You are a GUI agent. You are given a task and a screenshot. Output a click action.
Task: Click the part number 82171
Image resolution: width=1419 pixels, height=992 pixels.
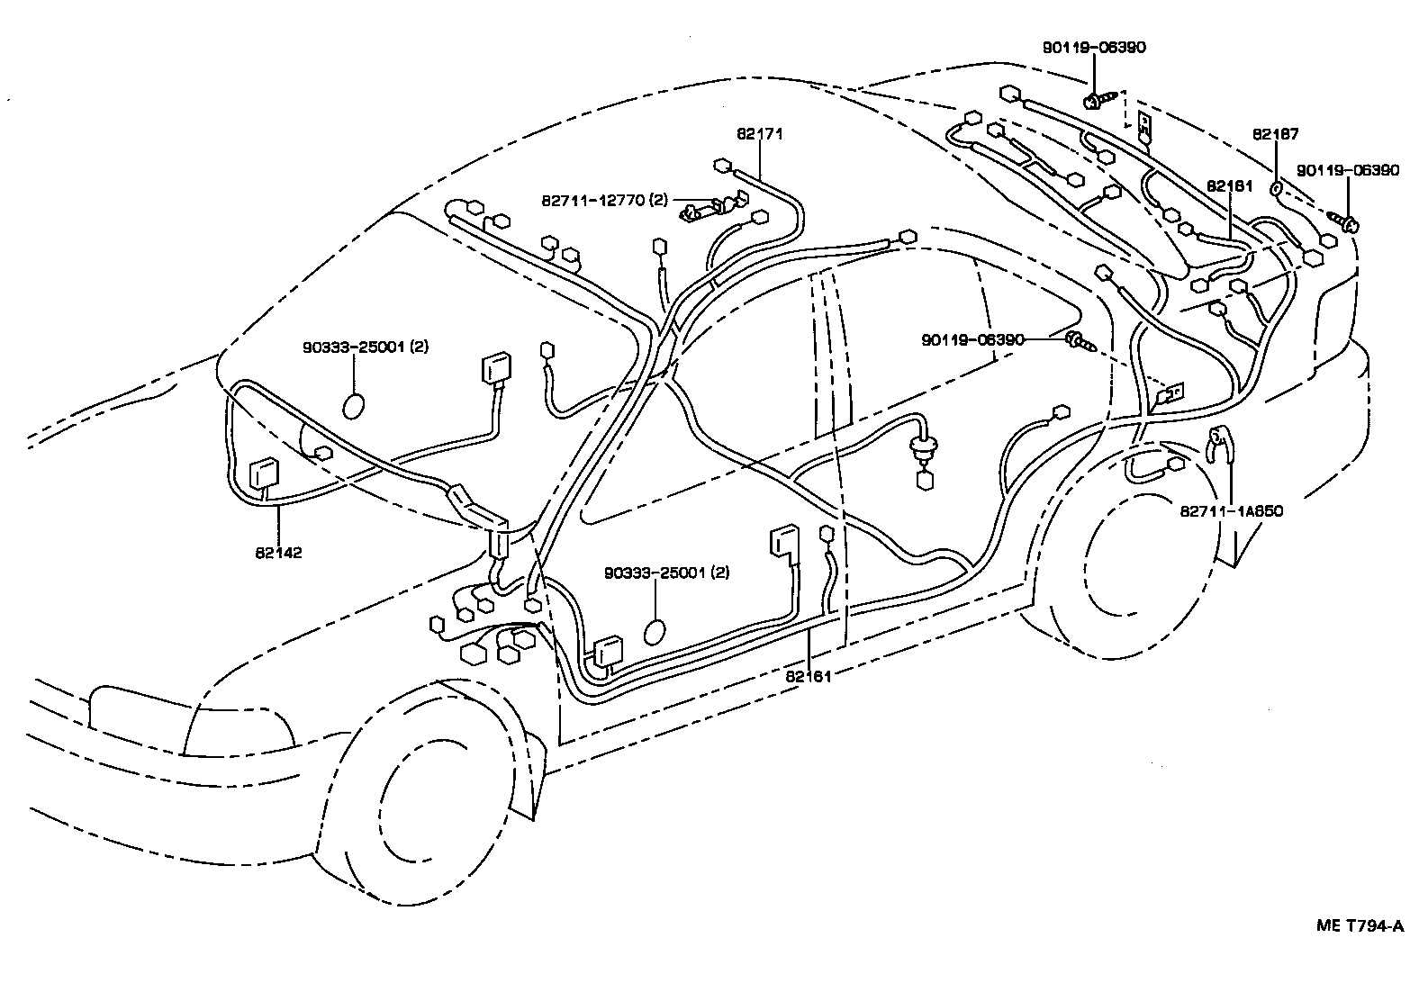point(759,134)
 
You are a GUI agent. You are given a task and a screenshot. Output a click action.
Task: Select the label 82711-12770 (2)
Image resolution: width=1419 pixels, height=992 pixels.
point(604,200)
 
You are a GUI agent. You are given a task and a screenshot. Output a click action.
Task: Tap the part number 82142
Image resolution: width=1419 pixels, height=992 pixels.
point(278,552)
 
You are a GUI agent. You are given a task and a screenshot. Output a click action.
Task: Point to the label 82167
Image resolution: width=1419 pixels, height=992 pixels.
point(1276,134)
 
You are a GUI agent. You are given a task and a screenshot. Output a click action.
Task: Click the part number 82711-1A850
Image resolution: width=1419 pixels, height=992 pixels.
point(1231,511)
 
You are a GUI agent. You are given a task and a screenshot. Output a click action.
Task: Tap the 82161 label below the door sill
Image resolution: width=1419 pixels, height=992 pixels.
point(808,676)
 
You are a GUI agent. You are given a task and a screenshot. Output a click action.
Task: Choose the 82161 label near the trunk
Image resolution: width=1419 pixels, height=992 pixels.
point(1230,185)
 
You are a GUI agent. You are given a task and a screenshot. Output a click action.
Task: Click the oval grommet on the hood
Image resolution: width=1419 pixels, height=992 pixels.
point(354,405)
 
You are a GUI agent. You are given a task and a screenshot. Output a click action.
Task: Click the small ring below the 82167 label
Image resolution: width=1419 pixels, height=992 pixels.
point(1275,189)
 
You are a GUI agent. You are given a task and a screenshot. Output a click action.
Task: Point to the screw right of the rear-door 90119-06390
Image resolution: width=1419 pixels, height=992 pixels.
point(1079,341)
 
